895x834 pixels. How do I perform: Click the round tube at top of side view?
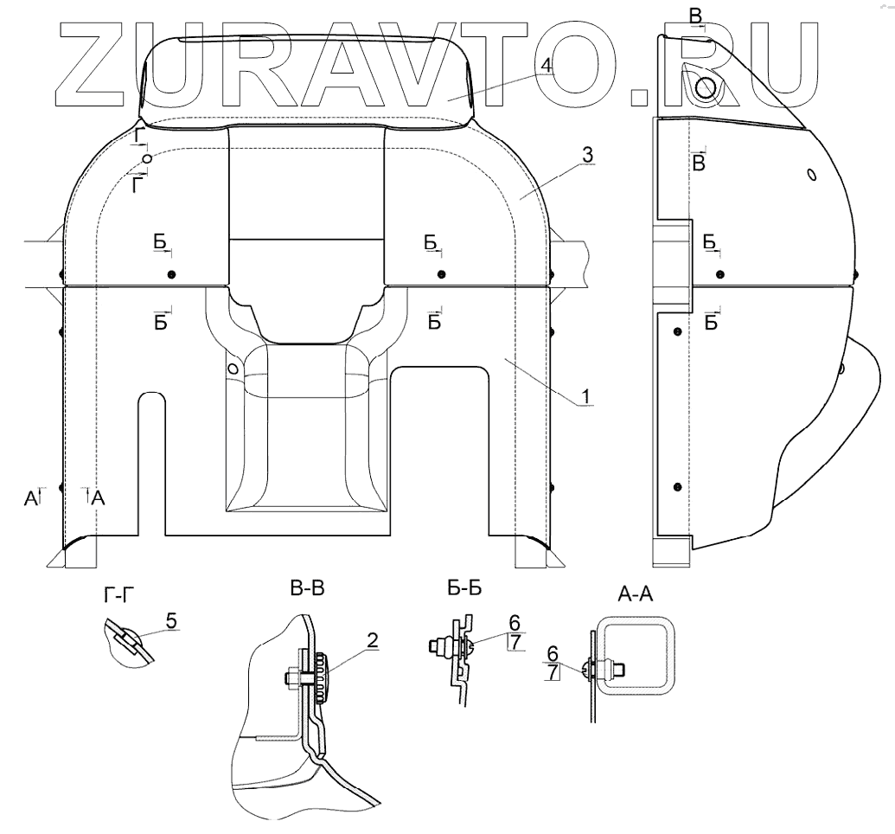(x=706, y=86)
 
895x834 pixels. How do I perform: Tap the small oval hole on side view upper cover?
(x=810, y=175)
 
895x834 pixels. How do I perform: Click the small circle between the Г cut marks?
(x=148, y=159)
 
